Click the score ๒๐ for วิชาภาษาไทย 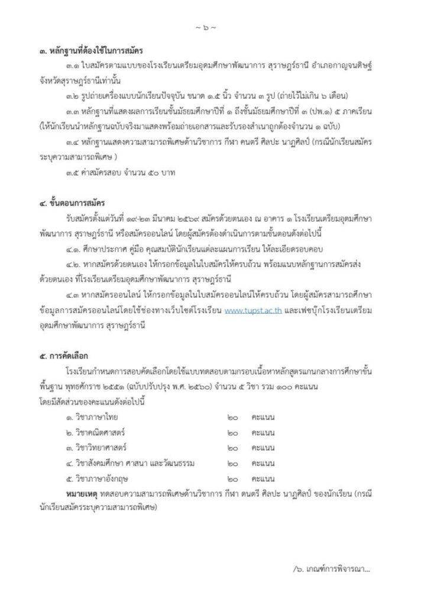pyautogui.click(x=232, y=418)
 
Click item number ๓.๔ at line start pyautogui.click(x=74, y=142)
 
